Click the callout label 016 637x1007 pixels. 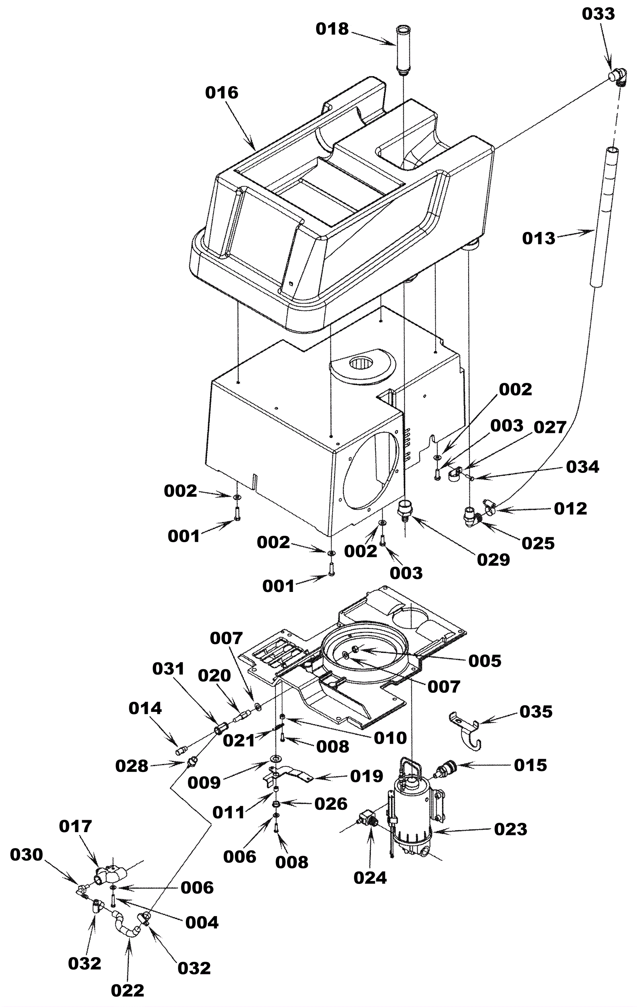(x=221, y=92)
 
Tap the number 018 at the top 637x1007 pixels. (x=332, y=29)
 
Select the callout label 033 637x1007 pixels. (x=598, y=14)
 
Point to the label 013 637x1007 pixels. (x=539, y=238)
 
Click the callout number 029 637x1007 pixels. (x=494, y=560)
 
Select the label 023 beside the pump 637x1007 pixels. (x=510, y=829)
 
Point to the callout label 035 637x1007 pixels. (x=536, y=711)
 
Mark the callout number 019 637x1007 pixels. (x=367, y=776)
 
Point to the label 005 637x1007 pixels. (x=485, y=661)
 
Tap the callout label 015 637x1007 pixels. (x=530, y=765)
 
